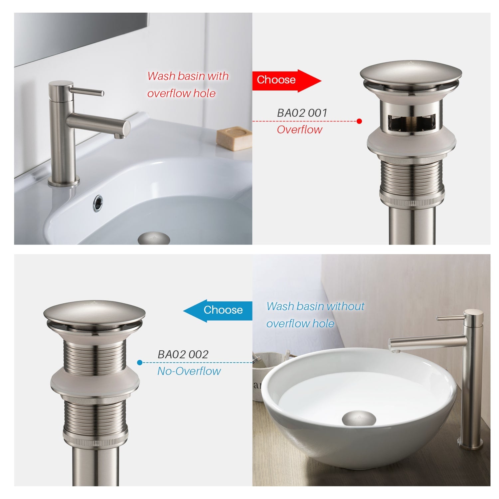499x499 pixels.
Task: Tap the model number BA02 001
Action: [302, 113]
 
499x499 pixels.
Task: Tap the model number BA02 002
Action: [183, 355]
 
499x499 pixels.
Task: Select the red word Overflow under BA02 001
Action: [299, 130]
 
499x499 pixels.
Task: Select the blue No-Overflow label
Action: [189, 371]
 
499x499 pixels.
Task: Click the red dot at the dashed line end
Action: [359, 121]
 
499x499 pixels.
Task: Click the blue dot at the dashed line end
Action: [140, 362]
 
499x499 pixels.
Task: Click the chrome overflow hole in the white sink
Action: [98, 203]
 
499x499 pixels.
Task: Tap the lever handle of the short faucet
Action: [88, 91]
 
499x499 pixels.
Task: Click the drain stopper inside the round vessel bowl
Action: [359, 418]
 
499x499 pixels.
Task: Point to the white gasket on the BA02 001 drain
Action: [412, 144]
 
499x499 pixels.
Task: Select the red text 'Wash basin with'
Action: [188, 76]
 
